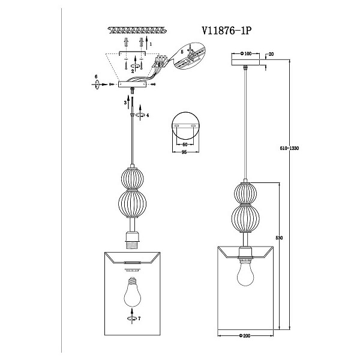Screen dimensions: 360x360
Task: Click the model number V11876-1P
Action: coord(227,31)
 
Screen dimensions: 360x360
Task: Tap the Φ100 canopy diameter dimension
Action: coord(246,54)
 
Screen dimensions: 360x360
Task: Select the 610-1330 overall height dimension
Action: coord(289,148)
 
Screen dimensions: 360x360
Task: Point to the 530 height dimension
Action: coord(279,238)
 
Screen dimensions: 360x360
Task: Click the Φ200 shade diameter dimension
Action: coord(245,336)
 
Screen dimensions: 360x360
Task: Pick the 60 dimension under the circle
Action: coord(185,145)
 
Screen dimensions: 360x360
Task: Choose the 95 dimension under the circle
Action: coord(184,152)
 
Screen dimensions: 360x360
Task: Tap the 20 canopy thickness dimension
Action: coord(271,54)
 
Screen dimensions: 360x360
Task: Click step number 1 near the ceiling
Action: coord(151,44)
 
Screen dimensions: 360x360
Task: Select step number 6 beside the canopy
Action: coord(96,76)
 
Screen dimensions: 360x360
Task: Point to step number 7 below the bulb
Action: coord(139,319)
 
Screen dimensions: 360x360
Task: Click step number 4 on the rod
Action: coord(148,115)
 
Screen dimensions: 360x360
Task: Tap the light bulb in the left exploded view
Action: coord(133,292)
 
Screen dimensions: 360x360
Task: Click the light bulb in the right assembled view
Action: coord(245,273)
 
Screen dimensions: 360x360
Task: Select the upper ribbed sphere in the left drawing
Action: coord(132,179)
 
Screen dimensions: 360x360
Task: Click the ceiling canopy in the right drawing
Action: coord(245,62)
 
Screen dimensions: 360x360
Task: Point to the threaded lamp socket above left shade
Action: coord(132,241)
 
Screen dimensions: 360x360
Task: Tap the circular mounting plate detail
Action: coord(185,126)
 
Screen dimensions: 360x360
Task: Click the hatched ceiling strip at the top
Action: coord(137,30)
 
